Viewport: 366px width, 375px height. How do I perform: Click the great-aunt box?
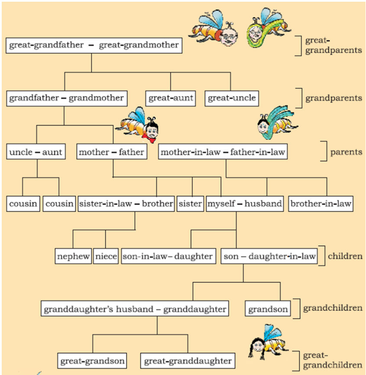[x=171, y=98]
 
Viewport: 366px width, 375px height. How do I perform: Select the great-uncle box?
[x=232, y=98]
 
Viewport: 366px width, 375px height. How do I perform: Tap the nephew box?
[x=73, y=256]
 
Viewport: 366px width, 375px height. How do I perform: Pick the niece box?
[x=106, y=256]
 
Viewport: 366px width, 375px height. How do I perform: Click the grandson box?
[x=268, y=309]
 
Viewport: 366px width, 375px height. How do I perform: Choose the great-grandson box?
[x=92, y=361]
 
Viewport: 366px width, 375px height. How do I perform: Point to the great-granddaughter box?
[x=188, y=361]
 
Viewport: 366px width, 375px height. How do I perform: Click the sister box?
[x=190, y=204]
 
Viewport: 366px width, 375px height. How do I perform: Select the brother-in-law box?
[x=321, y=204]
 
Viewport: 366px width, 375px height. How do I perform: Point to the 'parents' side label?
[x=346, y=152]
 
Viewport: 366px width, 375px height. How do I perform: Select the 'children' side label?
[x=345, y=256]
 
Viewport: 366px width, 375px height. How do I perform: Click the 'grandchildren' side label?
[x=333, y=308]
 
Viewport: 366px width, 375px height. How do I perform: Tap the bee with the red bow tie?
[x=137, y=125]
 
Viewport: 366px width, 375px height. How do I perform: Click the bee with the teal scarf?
[x=277, y=122]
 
